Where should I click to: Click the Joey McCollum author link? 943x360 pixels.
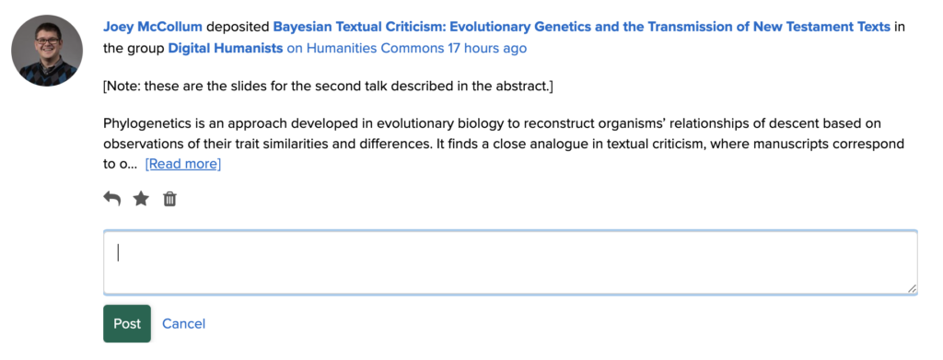[x=153, y=27]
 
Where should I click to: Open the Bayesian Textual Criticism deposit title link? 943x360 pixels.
[x=582, y=27]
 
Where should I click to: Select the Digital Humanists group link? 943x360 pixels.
[x=226, y=48]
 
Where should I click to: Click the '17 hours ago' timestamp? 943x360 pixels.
[x=487, y=48]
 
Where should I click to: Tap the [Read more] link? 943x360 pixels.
[x=183, y=164]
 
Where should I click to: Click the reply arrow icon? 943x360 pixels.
[x=111, y=198]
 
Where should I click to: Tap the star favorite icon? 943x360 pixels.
[x=141, y=198]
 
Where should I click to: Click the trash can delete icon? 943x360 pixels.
[x=170, y=198]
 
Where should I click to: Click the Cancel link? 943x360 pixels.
[x=184, y=324]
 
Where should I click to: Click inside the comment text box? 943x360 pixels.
[x=510, y=262]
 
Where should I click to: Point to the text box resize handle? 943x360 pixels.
[x=912, y=288]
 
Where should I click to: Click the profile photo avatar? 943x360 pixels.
[x=47, y=51]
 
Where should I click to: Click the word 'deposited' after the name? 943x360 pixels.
[x=239, y=28]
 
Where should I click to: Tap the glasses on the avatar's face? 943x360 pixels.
[x=48, y=41]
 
